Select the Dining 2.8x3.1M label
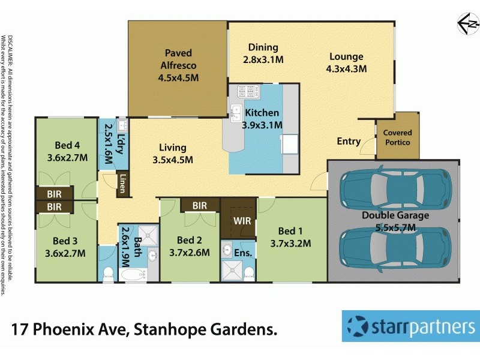point(263,53)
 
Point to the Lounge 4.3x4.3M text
point(346,62)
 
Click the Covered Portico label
point(397,137)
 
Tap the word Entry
point(349,142)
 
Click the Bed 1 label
point(295,237)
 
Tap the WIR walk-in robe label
point(242,221)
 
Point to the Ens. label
point(247,253)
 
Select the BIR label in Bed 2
point(200,206)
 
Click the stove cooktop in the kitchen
point(248,92)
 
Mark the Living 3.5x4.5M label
point(173,153)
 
